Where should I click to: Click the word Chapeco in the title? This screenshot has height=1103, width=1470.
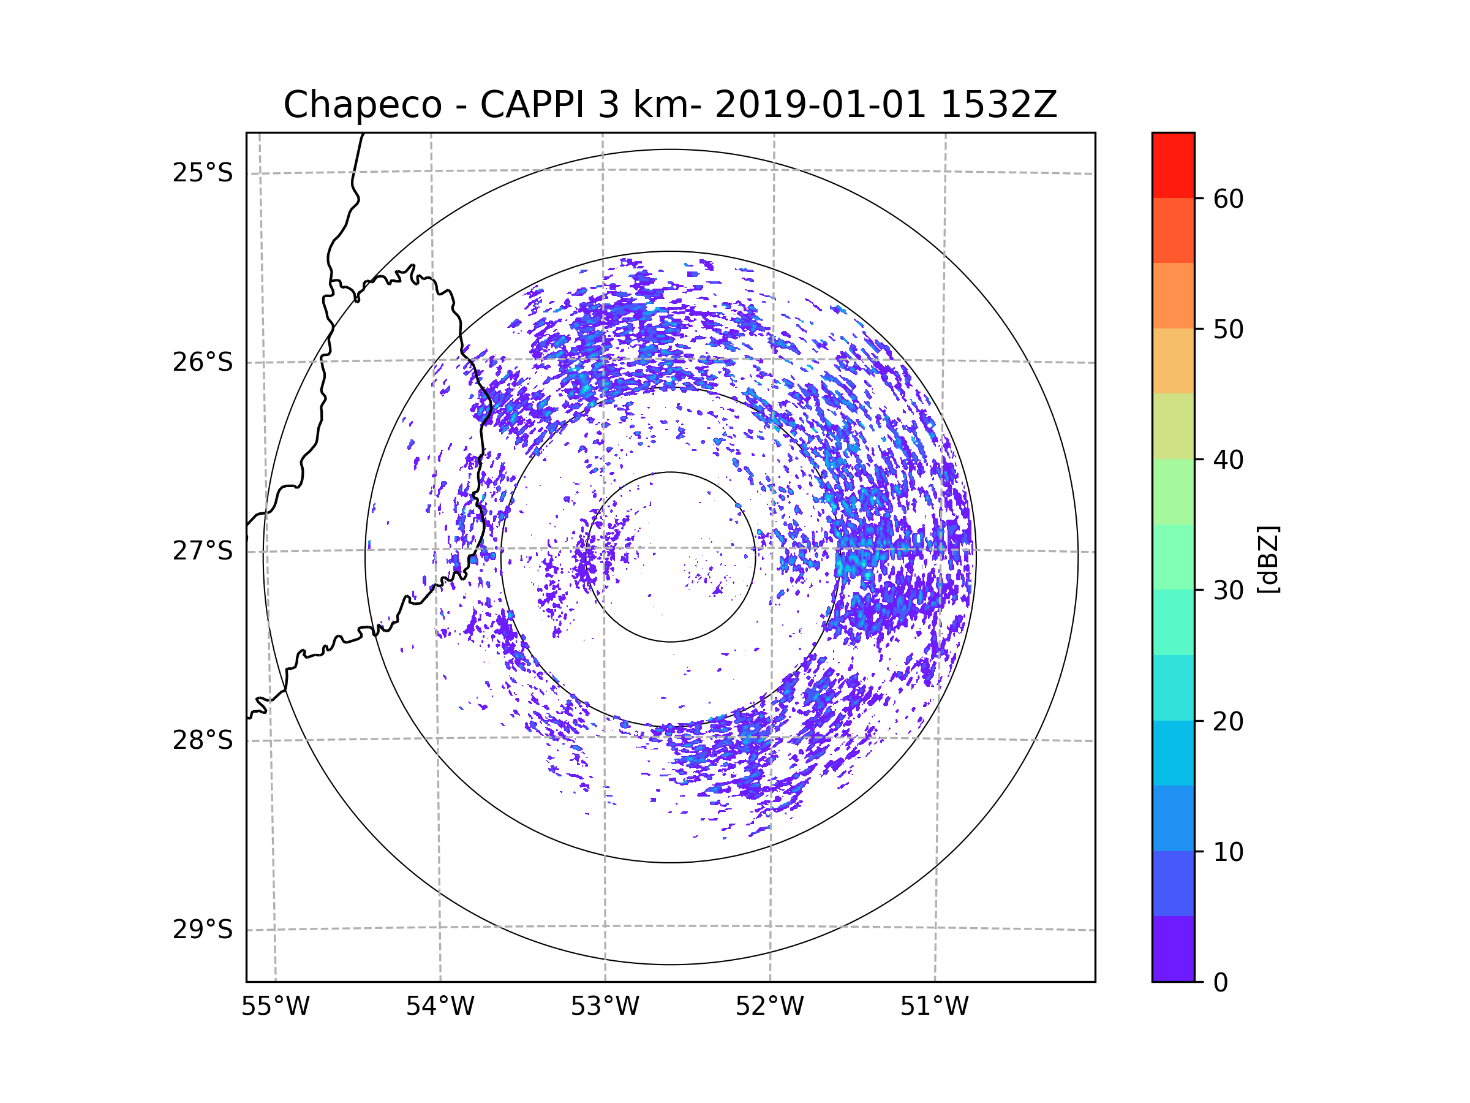click(362, 105)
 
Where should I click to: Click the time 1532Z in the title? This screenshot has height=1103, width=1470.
click(998, 105)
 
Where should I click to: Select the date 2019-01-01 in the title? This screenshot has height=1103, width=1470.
click(820, 105)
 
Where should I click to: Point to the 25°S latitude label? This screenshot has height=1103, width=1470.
click(203, 173)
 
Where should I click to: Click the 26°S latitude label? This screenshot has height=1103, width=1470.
click(203, 362)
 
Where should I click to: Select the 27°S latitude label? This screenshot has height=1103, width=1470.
click(203, 551)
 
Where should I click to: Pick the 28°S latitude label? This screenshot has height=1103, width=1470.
click(203, 740)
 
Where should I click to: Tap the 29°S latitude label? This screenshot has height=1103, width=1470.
click(203, 930)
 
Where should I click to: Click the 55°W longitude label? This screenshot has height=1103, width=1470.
click(275, 1007)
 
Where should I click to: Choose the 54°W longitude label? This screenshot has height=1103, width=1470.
click(440, 1007)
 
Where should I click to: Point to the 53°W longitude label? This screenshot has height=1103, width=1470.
click(605, 1007)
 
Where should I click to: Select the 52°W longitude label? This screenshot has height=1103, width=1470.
click(769, 1007)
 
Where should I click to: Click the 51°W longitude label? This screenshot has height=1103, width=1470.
click(934, 1007)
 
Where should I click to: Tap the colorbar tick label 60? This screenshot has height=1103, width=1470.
click(1228, 199)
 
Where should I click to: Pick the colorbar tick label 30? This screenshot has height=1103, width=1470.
click(1228, 590)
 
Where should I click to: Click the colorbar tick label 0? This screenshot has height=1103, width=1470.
click(1221, 983)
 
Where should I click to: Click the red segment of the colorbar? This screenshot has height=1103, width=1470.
click(1173, 165)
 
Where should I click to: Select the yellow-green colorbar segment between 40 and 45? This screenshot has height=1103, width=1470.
click(1173, 426)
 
